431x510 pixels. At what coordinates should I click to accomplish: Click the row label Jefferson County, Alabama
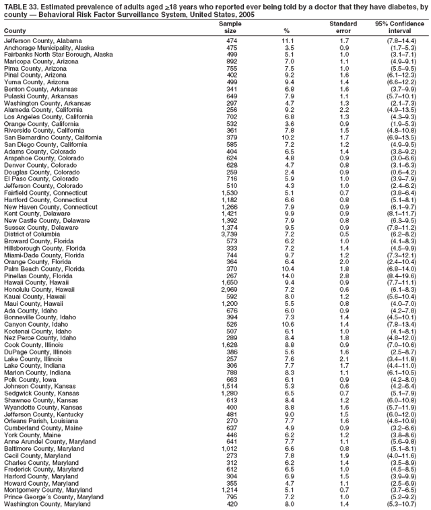point(43,40)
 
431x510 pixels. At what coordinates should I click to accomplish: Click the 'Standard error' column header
point(343,27)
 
